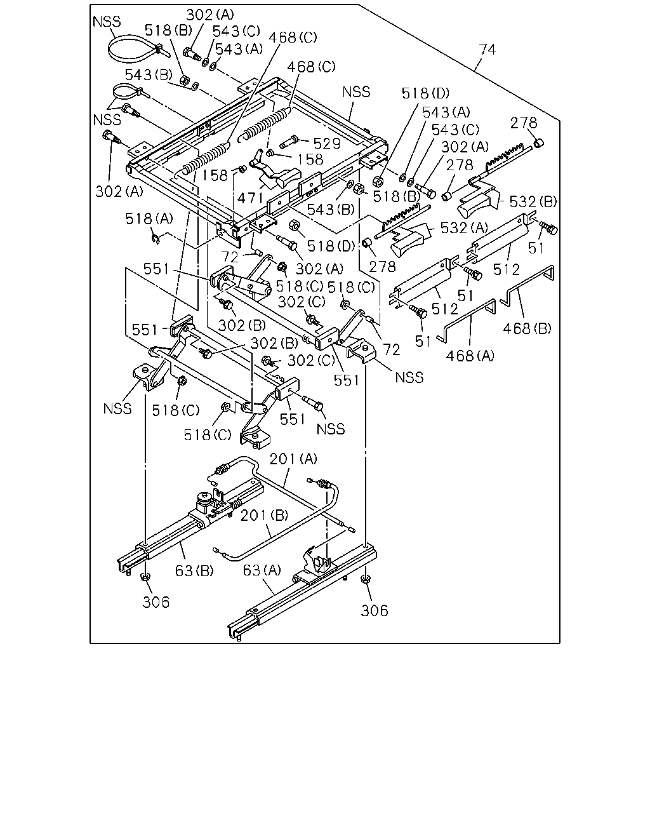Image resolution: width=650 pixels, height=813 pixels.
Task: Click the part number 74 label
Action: click(x=487, y=49)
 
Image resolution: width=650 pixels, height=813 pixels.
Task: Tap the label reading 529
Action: click(x=327, y=144)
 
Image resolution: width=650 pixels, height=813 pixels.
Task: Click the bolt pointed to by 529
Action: click(x=289, y=142)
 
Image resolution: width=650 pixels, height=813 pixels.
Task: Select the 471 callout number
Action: click(x=250, y=198)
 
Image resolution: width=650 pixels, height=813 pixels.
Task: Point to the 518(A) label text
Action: click(x=149, y=218)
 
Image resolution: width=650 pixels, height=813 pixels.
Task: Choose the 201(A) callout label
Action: click(x=293, y=459)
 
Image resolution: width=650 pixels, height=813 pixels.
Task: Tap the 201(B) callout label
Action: click(x=265, y=515)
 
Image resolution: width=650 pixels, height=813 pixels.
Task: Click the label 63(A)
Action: click(x=262, y=570)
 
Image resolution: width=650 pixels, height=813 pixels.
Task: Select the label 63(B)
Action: click(x=194, y=570)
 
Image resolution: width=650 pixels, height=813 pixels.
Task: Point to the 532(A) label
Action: click(x=464, y=228)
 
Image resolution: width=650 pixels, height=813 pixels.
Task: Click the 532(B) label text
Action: click(x=533, y=201)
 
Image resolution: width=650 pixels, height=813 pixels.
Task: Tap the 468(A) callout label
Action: click(x=470, y=356)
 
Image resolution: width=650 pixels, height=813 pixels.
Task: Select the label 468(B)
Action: click(x=527, y=328)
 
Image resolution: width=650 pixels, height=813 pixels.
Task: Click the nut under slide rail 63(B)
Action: click(x=145, y=577)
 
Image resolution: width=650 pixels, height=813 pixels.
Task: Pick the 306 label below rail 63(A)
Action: click(x=375, y=610)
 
